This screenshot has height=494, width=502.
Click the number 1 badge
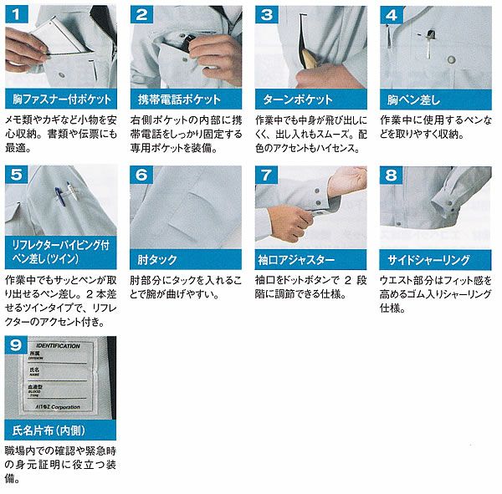tap(16, 14)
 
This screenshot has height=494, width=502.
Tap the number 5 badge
tap(16, 175)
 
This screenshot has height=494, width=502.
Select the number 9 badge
tap(16, 344)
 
